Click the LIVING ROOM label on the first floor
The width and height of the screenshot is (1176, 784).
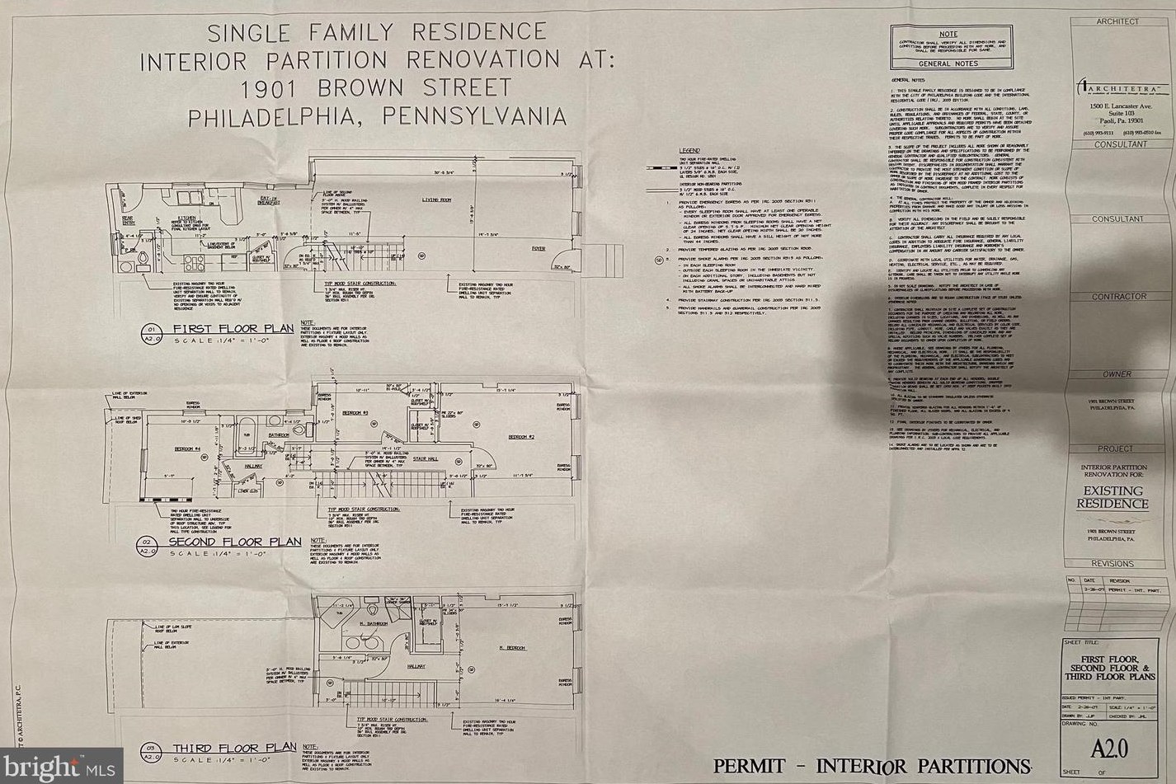(x=437, y=200)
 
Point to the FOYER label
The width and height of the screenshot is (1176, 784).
(x=538, y=248)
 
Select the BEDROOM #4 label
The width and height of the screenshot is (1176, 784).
(x=187, y=449)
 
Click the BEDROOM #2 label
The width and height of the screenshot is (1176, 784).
(x=521, y=436)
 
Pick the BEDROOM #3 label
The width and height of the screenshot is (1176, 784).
(x=355, y=411)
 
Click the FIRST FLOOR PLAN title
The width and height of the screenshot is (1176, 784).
(x=233, y=329)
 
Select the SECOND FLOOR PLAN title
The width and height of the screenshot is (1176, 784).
(x=235, y=542)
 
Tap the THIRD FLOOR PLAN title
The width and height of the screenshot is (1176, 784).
(x=234, y=748)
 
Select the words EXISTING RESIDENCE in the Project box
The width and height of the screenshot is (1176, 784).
(x=1112, y=497)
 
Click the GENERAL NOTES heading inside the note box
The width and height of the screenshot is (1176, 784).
(x=948, y=63)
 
